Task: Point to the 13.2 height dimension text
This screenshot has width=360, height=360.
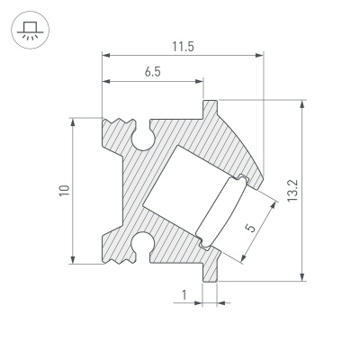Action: [318, 189]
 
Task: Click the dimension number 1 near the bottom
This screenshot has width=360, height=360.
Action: [184, 294]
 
